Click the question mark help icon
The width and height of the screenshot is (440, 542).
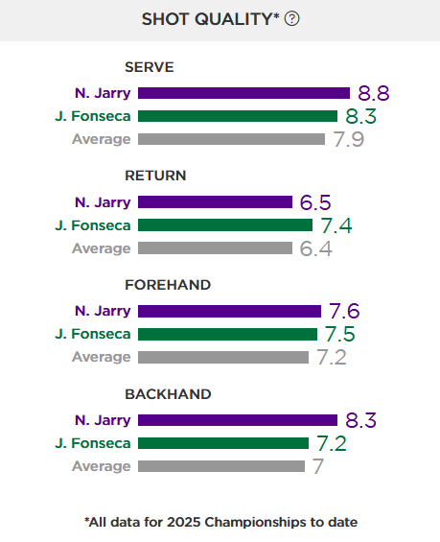[x=292, y=19]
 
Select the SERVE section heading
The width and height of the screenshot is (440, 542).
[x=149, y=67]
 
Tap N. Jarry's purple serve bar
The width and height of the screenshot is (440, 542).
[x=243, y=93]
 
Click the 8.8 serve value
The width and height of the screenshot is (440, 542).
[x=374, y=93]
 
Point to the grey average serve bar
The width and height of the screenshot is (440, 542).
[x=231, y=139]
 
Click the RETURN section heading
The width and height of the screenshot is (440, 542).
[x=155, y=176]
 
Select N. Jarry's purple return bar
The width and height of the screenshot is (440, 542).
[x=215, y=201]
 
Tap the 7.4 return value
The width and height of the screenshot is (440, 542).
[x=337, y=225]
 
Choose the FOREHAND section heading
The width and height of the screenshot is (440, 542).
[x=168, y=285]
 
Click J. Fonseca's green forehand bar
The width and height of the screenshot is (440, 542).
[x=227, y=334]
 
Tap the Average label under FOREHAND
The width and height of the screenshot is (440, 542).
[x=102, y=357]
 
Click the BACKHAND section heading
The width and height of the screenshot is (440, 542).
[x=168, y=394]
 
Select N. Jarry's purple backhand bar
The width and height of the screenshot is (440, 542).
[x=238, y=420]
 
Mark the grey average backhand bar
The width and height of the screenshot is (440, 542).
[x=221, y=466]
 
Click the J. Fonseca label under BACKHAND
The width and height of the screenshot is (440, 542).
[x=93, y=443]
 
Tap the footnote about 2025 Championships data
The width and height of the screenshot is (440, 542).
[x=220, y=522]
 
